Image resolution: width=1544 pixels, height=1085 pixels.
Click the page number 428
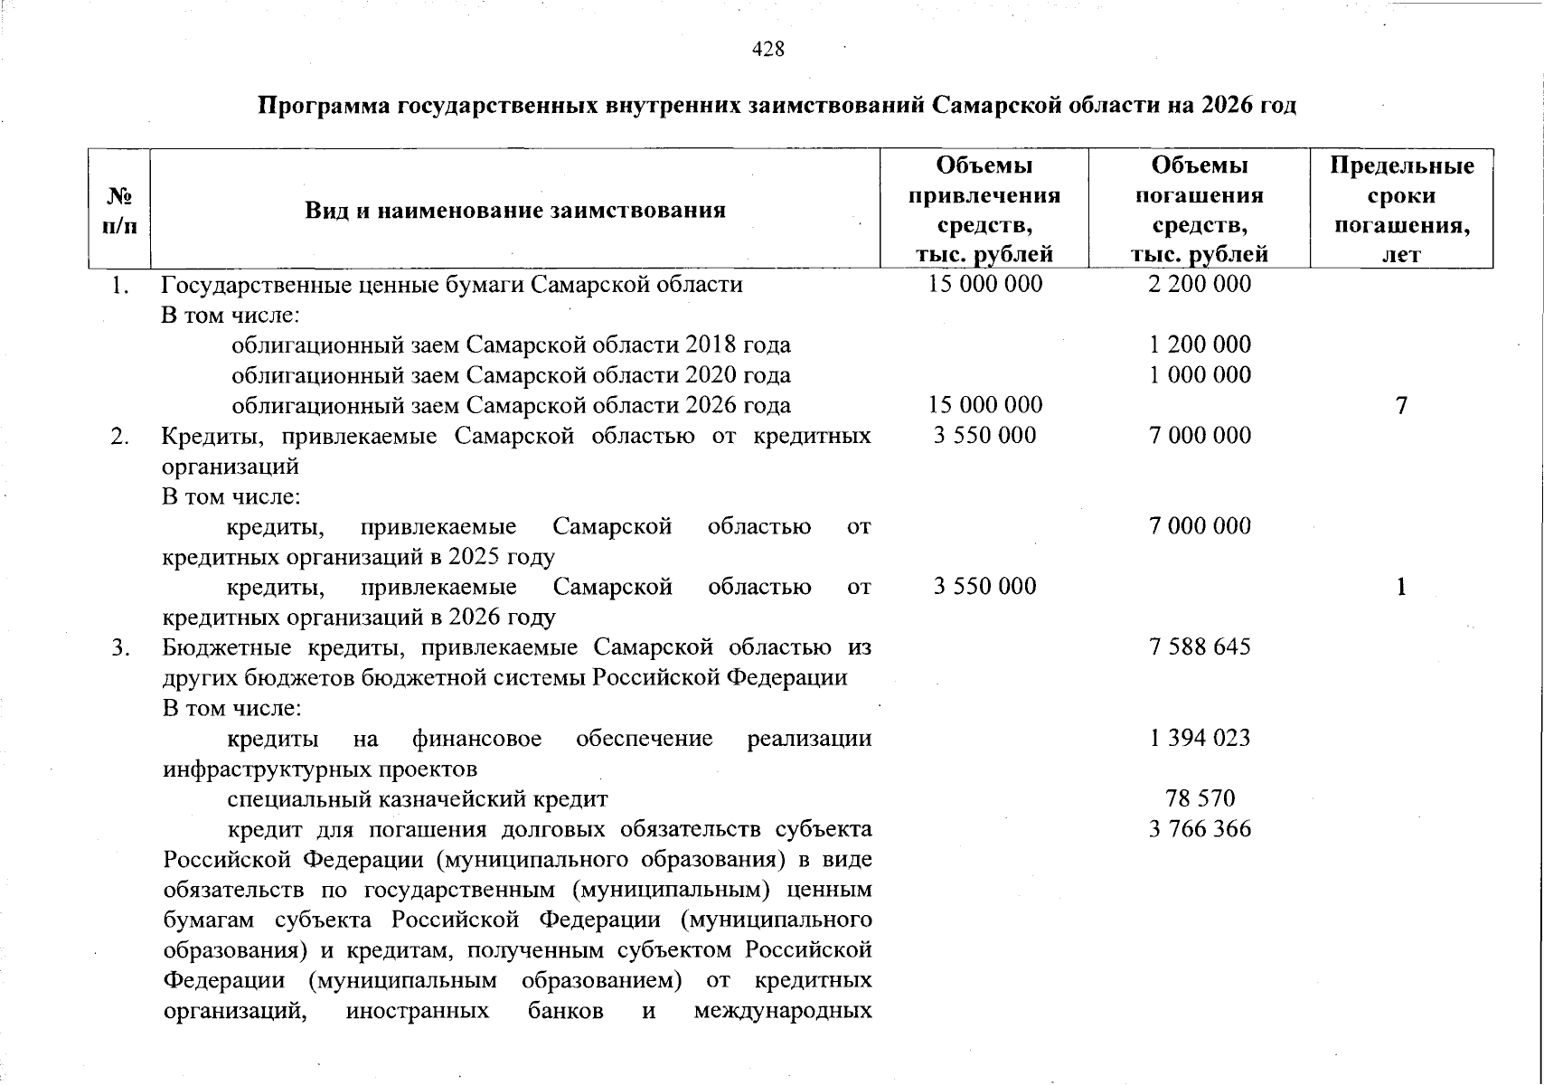pyautogui.click(x=768, y=49)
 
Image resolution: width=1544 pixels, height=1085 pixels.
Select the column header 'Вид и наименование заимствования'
pyautogui.click(x=514, y=211)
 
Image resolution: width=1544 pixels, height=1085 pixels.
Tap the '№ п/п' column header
pyautogui.click(x=119, y=211)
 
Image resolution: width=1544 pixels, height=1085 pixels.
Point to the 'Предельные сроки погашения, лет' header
pyautogui.click(x=1401, y=210)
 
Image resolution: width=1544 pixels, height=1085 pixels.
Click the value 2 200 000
pyautogui.click(x=1200, y=284)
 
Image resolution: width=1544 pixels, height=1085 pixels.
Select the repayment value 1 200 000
pyautogui.click(x=1200, y=344)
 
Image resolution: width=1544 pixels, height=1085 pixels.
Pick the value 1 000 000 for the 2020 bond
pyautogui.click(x=1200, y=374)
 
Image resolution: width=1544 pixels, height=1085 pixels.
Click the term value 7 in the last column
pyautogui.click(x=1401, y=405)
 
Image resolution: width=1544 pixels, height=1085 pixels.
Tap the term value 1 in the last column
pyautogui.click(x=1401, y=587)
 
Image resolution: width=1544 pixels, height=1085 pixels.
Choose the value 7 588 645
pyautogui.click(x=1200, y=646)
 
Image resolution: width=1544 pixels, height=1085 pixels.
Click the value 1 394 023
pyautogui.click(x=1200, y=738)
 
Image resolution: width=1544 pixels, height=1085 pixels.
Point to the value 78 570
pyautogui.click(x=1200, y=798)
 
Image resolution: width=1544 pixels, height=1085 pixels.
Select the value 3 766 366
pyautogui.click(x=1200, y=829)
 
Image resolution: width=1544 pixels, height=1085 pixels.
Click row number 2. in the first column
pyautogui.click(x=119, y=436)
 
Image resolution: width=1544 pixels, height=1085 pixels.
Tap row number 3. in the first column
pyautogui.click(x=119, y=647)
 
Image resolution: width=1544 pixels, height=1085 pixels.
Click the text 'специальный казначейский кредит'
pyautogui.click(x=417, y=799)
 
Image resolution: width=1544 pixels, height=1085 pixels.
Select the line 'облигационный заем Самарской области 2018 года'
pyautogui.click(x=511, y=344)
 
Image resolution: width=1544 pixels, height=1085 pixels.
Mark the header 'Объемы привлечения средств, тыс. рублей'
pyautogui.click(x=984, y=210)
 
